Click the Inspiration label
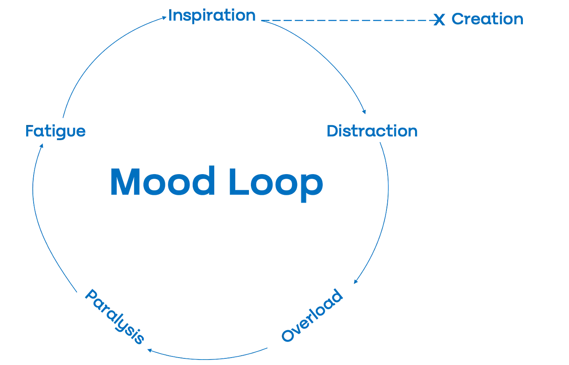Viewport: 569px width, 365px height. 212,16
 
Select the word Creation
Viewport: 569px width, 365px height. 487,19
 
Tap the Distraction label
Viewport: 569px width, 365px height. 372,131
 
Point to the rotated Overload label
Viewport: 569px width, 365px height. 312,315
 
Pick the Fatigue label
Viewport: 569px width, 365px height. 55,131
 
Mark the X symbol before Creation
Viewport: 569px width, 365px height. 439,20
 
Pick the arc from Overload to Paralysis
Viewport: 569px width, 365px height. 207,358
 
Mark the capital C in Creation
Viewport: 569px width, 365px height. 457,19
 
